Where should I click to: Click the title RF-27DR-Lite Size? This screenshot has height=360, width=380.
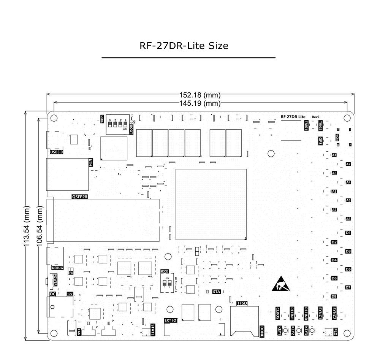point(184,46)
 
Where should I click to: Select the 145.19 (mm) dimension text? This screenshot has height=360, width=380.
point(200,103)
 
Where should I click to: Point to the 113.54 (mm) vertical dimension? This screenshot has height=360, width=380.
point(27,227)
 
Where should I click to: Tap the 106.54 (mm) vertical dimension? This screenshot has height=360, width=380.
point(40,227)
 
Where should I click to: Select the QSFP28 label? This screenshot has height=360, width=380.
point(80,197)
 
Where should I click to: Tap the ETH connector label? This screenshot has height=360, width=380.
point(90,163)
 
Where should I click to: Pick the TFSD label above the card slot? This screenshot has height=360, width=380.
point(242,303)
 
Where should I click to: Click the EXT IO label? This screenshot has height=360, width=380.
point(170,320)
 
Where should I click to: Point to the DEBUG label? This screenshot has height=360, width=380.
point(57,268)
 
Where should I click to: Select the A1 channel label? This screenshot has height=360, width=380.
point(334,155)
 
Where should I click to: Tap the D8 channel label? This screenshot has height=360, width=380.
point(334,296)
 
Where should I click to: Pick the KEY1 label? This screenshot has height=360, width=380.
point(279,331)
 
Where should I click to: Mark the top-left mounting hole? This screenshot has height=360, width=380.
point(54,118)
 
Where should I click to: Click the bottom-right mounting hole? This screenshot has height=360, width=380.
point(347,333)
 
